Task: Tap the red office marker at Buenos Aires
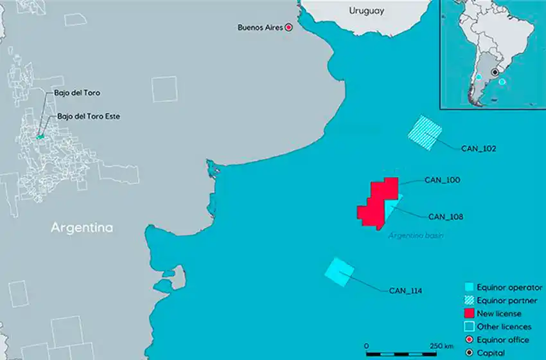tap(289, 27)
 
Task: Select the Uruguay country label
tap(366, 11)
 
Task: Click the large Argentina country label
tap(82, 228)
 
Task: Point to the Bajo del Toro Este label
tap(88, 116)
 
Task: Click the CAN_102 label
tap(479, 148)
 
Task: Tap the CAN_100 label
tap(443, 181)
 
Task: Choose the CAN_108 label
tap(446, 216)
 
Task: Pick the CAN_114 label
tap(406, 291)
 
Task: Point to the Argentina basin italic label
tap(416, 236)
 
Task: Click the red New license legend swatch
tap(470, 314)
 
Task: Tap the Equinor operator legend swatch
tap(470, 287)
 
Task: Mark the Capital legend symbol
tap(470, 353)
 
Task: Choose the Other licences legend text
tap(508, 327)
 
